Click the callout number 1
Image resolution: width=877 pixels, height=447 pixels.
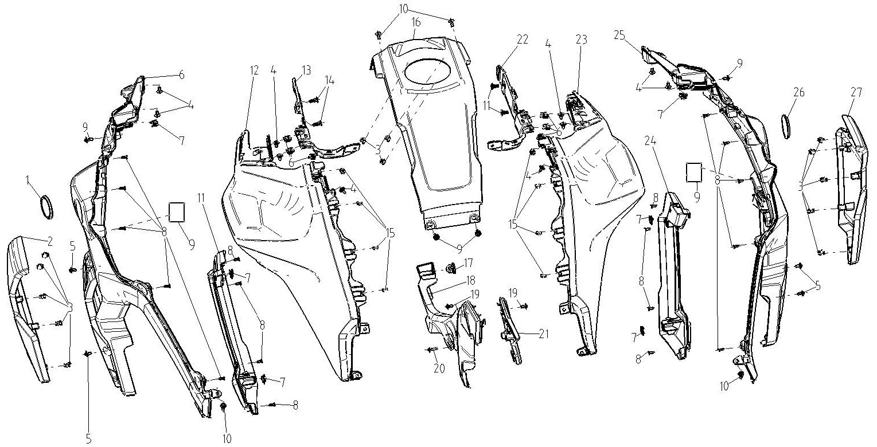[28, 180]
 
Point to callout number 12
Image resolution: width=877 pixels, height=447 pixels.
[254, 71]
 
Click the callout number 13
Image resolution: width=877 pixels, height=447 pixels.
[306, 70]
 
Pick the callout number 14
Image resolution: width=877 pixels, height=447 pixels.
[330, 81]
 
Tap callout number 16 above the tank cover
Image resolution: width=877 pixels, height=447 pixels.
[416, 22]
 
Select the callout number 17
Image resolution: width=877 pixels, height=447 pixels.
[468, 263]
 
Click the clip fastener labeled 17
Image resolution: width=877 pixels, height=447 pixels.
[452, 268]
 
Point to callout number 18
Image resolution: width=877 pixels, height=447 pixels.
[470, 281]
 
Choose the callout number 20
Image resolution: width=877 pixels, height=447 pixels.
[439, 368]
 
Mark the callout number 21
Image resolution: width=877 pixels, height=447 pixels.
[543, 334]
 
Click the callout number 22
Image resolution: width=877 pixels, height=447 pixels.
[523, 39]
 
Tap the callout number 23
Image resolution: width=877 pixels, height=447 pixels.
[582, 40]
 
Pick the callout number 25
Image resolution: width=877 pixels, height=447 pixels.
[619, 35]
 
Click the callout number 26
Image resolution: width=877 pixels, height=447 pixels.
[798, 92]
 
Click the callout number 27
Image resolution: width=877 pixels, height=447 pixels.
[856, 93]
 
